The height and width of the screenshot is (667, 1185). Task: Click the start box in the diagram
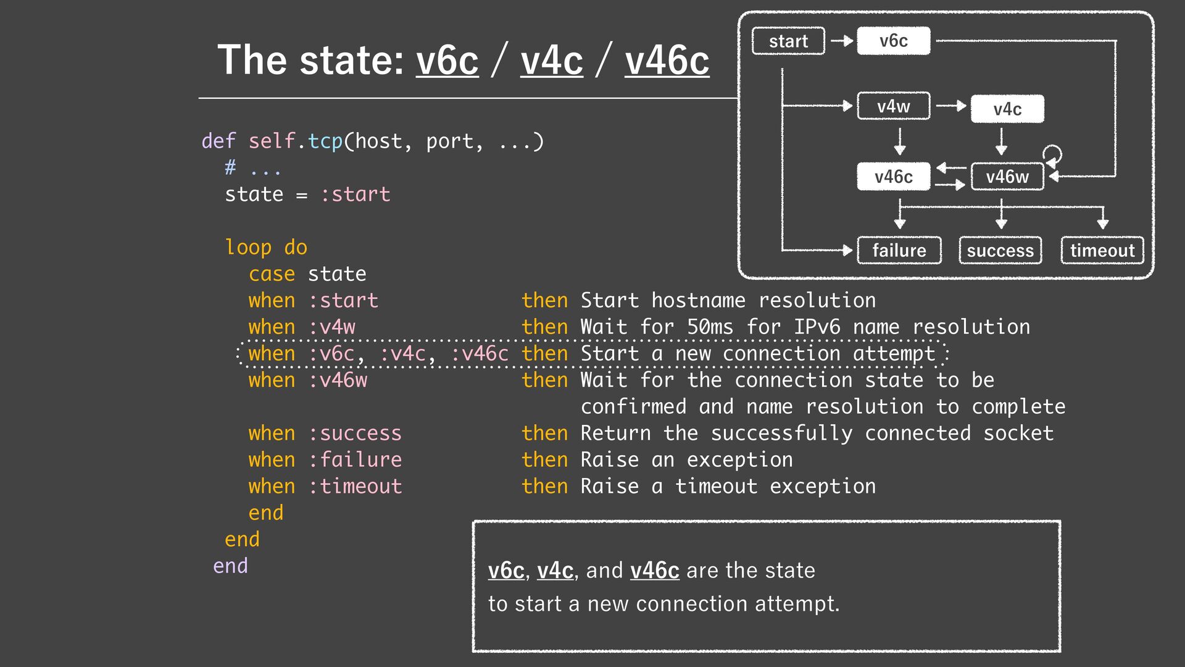[x=788, y=41]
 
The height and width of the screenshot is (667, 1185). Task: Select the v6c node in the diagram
[x=893, y=41]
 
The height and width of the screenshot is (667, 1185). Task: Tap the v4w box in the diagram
[x=893, y=106]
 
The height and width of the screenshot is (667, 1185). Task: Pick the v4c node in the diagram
[x=1007, y=109]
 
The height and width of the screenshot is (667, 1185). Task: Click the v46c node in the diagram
[x=893, y=177]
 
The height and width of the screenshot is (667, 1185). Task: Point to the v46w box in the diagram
[x=1007, y=177]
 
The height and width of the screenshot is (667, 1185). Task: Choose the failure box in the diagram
[x=899, y=251]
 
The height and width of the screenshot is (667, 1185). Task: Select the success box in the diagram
[x=1000, y=251]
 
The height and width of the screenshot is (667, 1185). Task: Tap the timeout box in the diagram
[x=1102, y=251]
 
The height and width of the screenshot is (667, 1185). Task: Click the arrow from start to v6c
[x=841, y=41]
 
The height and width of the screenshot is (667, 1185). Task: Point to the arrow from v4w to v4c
[x=951, y=106]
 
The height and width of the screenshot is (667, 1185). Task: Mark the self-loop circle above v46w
[x=1052, y=153]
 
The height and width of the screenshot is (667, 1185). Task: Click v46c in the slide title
[x=667, y=61]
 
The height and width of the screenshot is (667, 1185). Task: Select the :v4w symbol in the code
[x=331, y=327]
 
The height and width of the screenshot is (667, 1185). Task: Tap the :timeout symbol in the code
[x=355, y=487]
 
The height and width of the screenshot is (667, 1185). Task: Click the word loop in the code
[x=248, y=248]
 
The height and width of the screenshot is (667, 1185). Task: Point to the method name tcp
[x=325, y=141]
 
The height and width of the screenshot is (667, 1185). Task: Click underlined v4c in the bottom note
[x=555, y=571]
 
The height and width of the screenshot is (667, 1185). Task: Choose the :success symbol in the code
[x=355, y=434]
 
